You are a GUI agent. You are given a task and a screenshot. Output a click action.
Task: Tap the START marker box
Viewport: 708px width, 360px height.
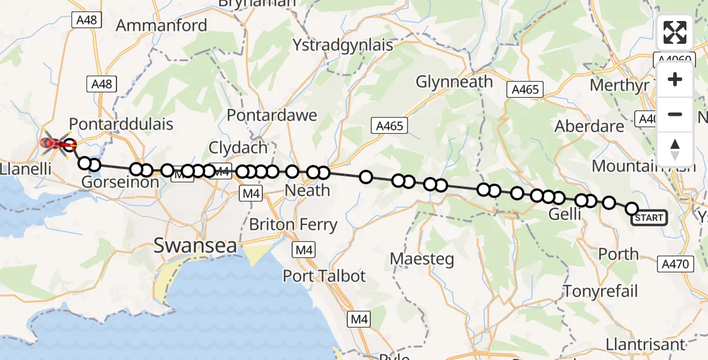649,218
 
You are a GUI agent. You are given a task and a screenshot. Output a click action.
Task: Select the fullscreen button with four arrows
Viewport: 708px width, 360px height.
675,32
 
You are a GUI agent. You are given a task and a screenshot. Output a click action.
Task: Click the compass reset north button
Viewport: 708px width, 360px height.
675,149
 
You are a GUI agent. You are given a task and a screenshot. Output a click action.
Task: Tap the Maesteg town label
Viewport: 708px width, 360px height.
422,259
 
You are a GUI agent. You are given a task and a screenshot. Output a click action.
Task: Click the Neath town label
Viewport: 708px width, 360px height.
307,191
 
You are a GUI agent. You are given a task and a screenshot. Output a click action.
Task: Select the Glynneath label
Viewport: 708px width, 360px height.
454,82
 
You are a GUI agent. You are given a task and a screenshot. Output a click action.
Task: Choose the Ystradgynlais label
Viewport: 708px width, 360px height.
343,45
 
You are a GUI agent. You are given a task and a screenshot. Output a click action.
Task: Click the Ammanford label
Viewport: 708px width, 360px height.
161,25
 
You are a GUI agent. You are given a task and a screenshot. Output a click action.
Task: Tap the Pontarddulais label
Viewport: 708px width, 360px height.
121,124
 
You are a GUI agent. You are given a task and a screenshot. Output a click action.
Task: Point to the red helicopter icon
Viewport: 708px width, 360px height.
53,143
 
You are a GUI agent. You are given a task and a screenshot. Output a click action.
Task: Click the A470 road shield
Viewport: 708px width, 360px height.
676,263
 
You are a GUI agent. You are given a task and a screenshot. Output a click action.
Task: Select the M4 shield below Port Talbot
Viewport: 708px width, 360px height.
359,320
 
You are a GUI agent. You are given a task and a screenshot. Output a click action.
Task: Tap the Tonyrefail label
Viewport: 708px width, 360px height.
601,292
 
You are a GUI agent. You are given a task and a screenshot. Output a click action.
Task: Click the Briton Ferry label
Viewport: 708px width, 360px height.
293,225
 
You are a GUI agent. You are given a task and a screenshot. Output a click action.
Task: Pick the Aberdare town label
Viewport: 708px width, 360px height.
590,127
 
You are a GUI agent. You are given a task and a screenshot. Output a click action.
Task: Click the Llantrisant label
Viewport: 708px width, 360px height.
645,344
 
